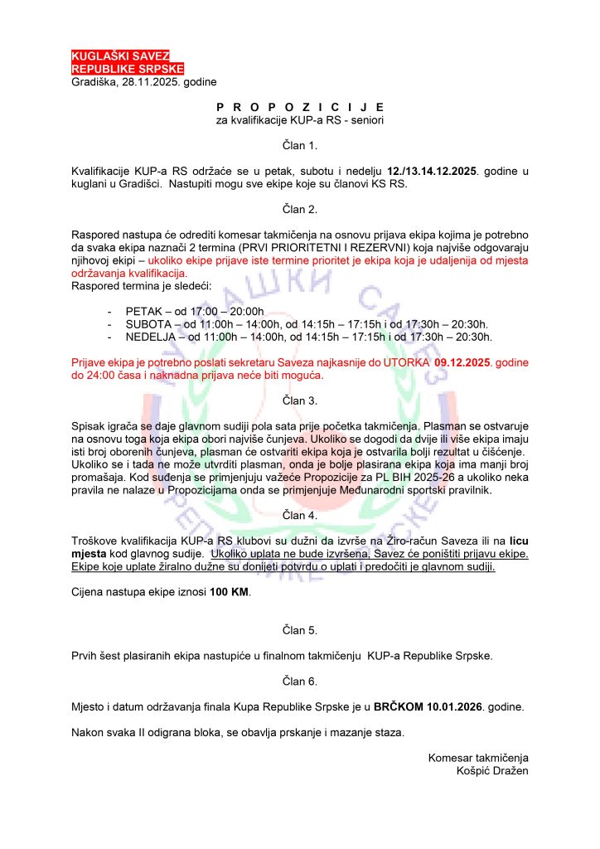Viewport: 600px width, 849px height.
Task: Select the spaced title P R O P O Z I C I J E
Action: (300, 108)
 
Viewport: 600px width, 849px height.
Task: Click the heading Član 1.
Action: (300, 146)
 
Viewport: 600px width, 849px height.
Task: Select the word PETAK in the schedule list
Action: (143, 310)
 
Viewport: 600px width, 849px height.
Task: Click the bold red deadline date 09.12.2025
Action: (457, 363)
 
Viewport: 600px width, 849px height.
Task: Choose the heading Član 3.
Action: (300, 400)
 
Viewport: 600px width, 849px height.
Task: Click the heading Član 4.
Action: (300, 515)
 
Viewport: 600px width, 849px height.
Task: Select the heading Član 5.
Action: (300, 631)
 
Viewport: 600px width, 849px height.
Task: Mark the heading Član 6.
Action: (300, 682)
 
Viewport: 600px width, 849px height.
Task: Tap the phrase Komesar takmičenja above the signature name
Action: (478, 757)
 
